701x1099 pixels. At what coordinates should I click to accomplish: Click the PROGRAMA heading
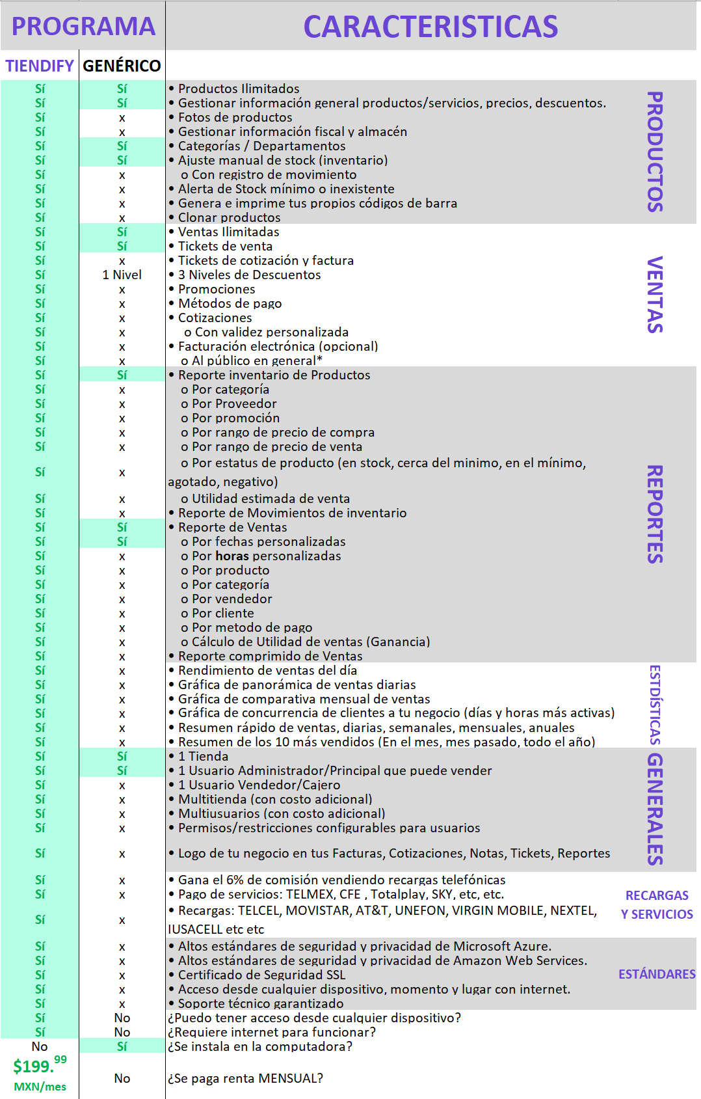(83, 26)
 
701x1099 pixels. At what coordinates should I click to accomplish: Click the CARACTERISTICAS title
(430, 27)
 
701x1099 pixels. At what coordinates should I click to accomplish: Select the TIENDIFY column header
(40, 66)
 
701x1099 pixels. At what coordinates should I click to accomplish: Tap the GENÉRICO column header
(122, 66)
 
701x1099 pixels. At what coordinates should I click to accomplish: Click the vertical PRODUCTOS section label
(655, 151)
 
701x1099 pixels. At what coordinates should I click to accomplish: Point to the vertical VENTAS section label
(655, 294)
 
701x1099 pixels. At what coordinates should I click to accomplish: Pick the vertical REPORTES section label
(655, 513)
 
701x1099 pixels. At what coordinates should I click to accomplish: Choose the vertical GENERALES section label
(655, 809)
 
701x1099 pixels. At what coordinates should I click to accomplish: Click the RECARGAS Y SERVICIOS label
(657, 904)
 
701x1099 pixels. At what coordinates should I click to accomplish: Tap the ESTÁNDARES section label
(657, 974)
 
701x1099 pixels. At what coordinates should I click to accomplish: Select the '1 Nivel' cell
(122, 275)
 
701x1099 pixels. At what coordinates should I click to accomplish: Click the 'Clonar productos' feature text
(229, 217)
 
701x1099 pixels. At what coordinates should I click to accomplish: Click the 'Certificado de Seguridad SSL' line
(261, 975)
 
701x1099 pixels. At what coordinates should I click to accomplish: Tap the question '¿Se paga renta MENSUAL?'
(245, 1078)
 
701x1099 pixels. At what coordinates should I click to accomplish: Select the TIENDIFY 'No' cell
(40, 1046)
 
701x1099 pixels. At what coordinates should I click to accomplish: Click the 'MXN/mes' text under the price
(40, 1087)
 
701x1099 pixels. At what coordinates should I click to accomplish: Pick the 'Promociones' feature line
(217, 289)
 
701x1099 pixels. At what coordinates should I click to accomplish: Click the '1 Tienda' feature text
(203, 756)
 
